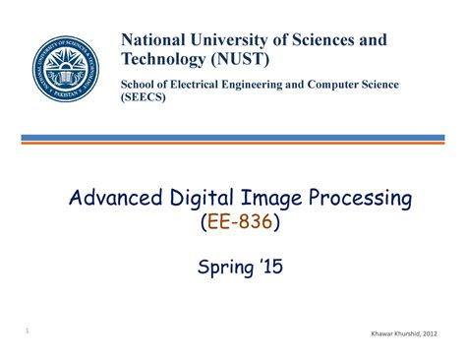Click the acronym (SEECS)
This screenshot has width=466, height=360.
click(144, 98)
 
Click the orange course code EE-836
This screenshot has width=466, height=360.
click(240, 224)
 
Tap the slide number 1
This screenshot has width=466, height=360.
click(28, 331)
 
